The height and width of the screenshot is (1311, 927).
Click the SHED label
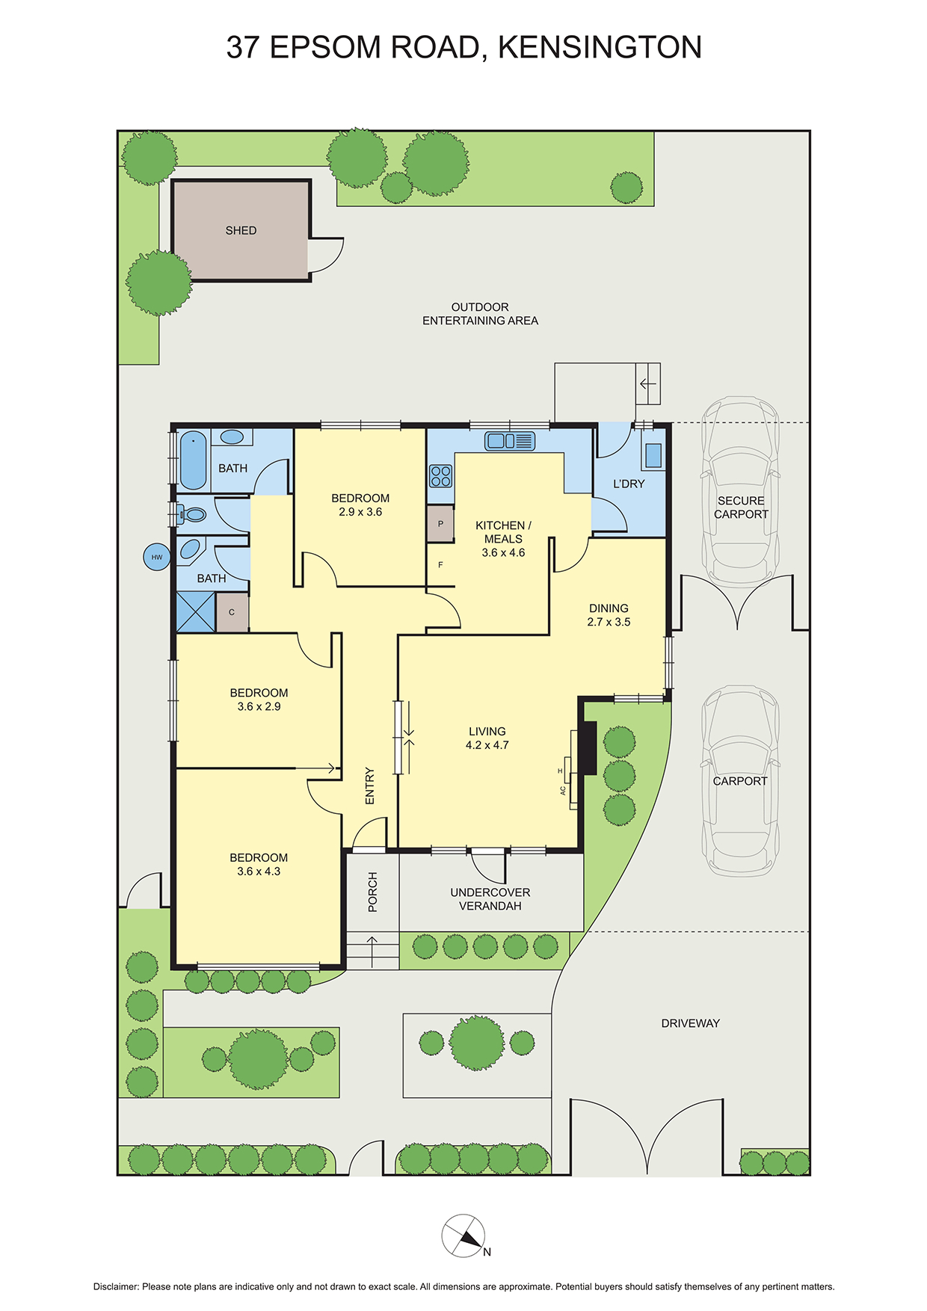click(241, 231)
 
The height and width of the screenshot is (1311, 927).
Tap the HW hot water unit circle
click(157, 557)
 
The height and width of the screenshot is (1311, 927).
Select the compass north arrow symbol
click(463, 1236)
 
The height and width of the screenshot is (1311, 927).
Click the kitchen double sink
click(510, 441)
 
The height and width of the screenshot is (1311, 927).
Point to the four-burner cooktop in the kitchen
click(441, 475)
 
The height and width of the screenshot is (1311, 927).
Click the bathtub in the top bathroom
click(193, 460)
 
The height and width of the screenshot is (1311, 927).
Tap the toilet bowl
click(194, 514)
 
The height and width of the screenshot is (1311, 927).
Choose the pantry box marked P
click(440, 524)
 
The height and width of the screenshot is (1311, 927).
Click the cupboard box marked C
click(232, 612)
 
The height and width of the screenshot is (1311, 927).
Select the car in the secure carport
click(740, 491)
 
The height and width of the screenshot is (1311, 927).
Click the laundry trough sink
click(653, 455)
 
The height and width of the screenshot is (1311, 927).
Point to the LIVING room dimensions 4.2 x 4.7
click(487, 745)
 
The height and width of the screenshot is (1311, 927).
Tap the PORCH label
click(373, 892)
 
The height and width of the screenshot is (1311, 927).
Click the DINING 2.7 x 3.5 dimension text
click(609, 622)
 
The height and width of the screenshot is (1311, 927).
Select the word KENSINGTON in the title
click(600, 47)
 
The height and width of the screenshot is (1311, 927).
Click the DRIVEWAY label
click(690, 1023)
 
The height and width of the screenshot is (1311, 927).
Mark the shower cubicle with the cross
click(195, 612)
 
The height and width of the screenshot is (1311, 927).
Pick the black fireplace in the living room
click(588, 748)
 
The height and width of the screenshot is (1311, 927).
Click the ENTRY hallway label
click(369, 786)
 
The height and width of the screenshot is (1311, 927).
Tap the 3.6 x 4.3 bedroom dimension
click(259, 872)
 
